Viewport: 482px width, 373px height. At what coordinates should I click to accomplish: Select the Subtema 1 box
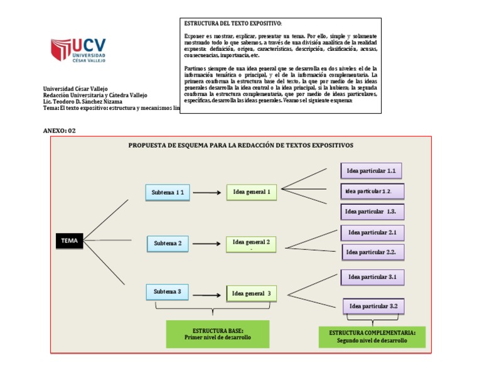pos(168,192)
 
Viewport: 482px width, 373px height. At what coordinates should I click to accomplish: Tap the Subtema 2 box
pos(168,243)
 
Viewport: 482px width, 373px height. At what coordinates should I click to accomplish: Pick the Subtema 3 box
pos(168,291)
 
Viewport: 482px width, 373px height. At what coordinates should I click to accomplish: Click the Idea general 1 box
pos(251,192)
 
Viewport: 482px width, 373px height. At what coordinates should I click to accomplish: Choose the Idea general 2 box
pos(251,244)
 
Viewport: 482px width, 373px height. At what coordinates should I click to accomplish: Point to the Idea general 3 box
pos(251,293)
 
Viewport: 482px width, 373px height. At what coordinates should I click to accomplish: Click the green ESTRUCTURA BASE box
pos(217,333)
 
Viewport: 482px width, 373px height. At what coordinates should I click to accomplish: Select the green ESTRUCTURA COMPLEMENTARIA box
pos(372,336)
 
